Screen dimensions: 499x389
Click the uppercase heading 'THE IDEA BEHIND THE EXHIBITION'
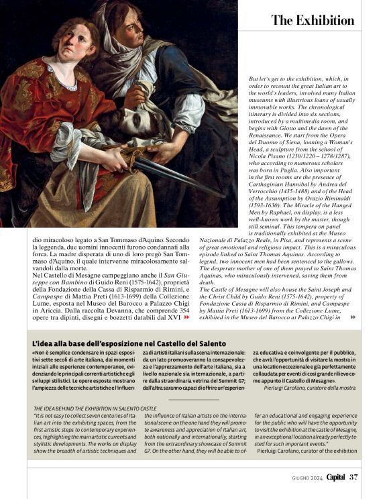95,408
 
